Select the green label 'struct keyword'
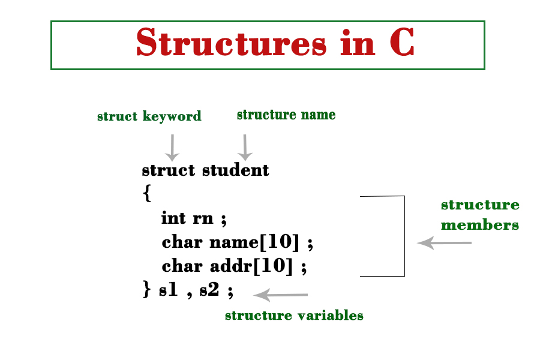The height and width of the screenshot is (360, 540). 149,116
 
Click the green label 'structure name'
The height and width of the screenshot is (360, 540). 286,115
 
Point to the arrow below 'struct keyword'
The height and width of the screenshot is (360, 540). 173,147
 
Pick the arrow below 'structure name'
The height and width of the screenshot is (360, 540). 245,147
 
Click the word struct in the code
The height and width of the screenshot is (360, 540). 169,170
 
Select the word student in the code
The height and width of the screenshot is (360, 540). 236,170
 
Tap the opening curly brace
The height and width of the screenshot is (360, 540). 147,194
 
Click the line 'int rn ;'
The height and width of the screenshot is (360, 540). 194,218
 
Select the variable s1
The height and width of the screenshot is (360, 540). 169,290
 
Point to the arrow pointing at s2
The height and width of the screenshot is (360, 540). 280,295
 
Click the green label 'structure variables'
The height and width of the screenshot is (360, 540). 294,316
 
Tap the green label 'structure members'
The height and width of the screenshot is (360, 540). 480,215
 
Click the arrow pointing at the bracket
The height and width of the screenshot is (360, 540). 445,243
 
